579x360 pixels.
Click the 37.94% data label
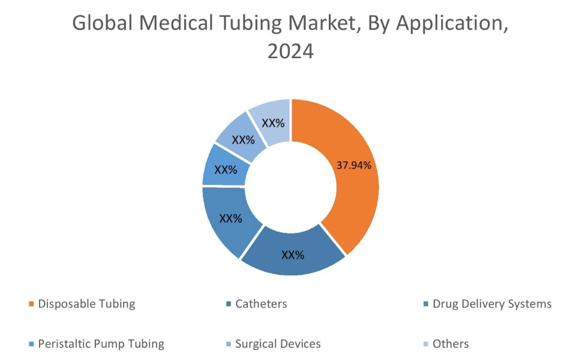(357, 165)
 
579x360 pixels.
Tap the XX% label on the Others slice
(273, 122)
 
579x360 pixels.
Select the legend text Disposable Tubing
(86, 304)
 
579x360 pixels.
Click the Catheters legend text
(261, 304)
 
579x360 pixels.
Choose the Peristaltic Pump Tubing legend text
(101, 344)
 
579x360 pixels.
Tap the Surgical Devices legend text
(278, 344)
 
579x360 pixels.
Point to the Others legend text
(450, 344)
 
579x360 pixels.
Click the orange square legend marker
(31, 304)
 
